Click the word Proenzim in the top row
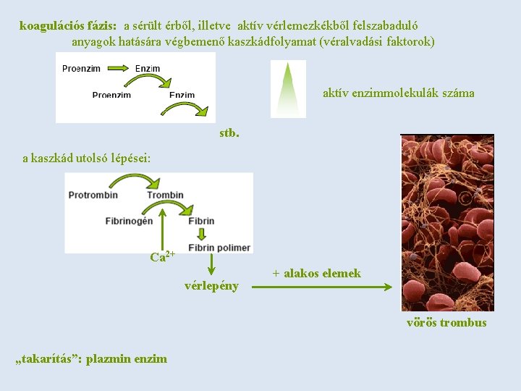click(x=81, y=69)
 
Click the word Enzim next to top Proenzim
click(x=148, y=69)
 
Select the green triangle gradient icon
click(x=288, y=88)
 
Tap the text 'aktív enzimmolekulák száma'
click(x=398, y=93)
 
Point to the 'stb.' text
click(x=229, y=133)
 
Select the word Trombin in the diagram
click(x=165, y=195)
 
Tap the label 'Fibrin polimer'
click(x=219, y=247)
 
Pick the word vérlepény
click(x=211, y=285)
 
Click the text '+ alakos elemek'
click(x=316, y=273)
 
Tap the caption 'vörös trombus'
click(x=446, y=323)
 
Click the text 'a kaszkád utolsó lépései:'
click(x=86, y=158)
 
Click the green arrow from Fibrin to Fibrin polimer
click(x=201, y=234)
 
